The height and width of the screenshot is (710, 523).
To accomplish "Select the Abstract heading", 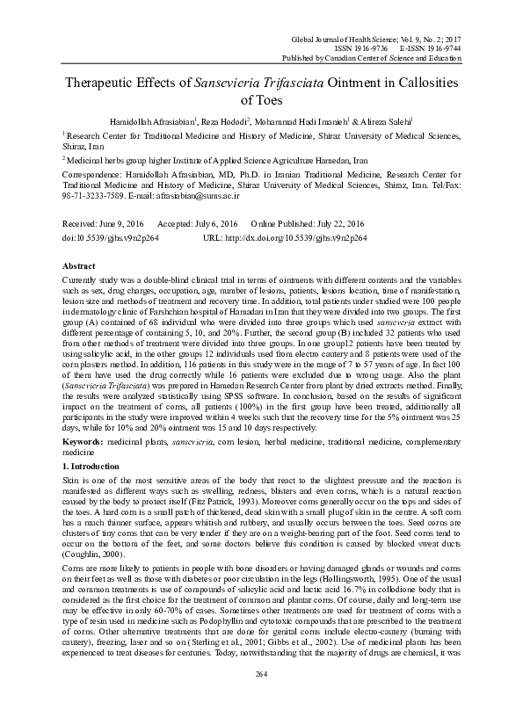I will click(79, 264).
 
